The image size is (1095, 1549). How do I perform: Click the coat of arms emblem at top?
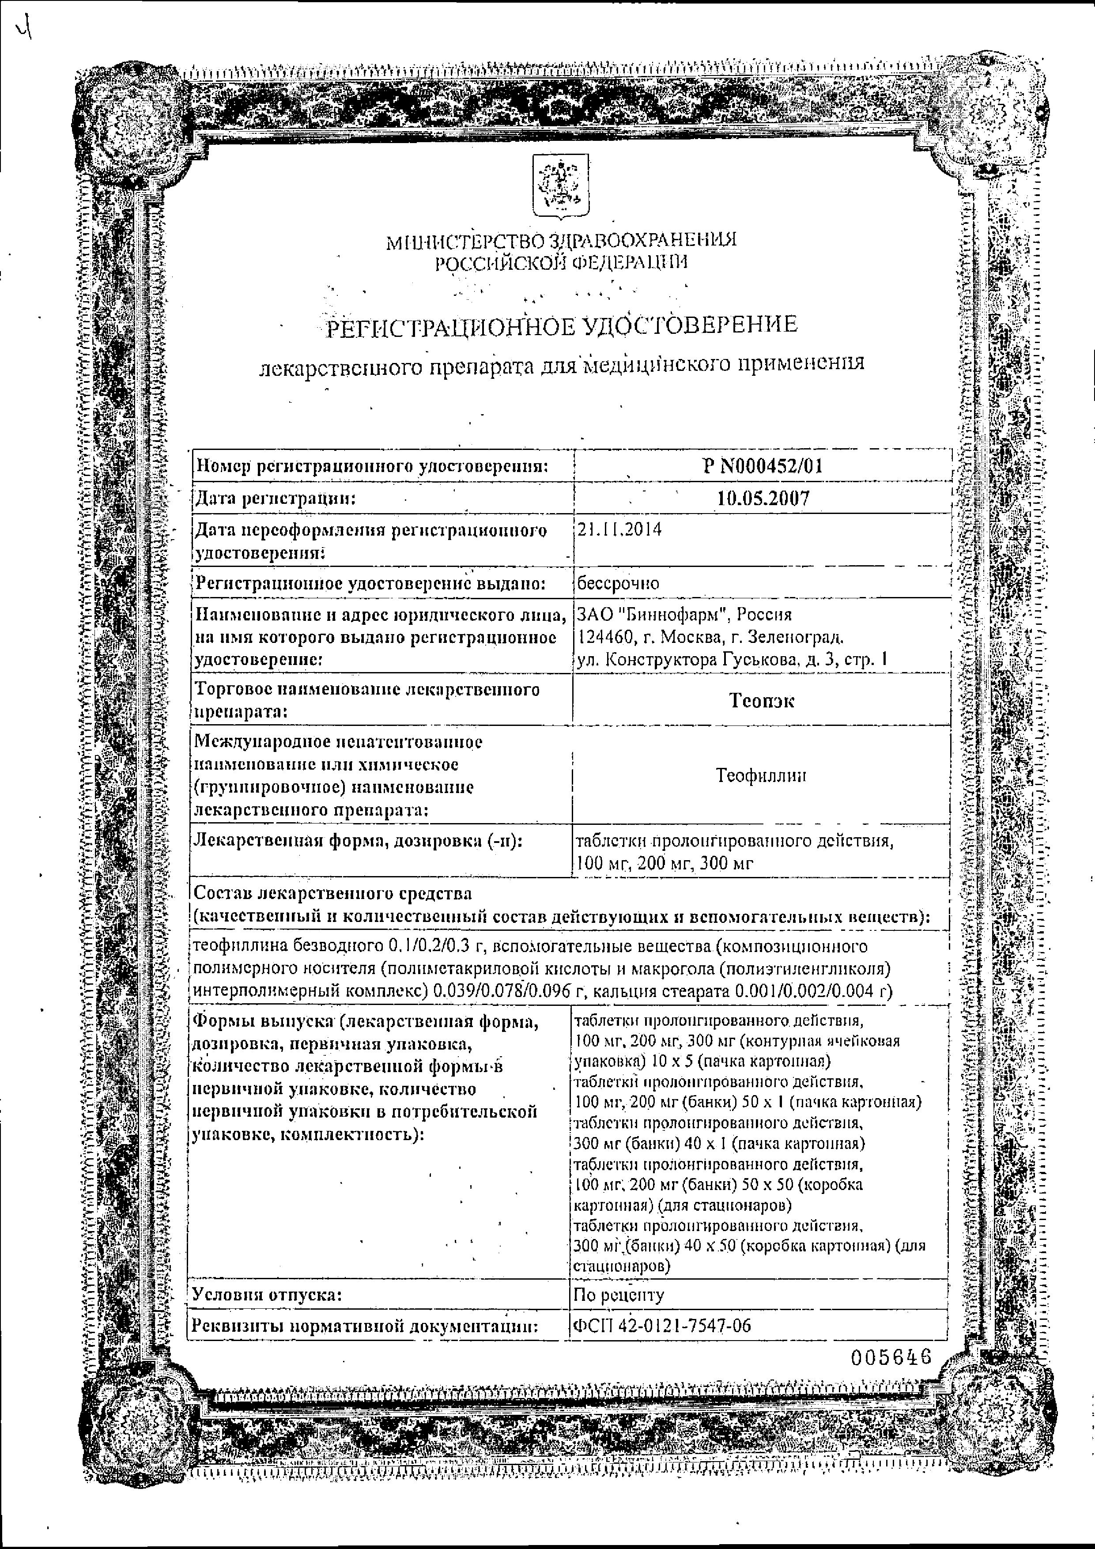click(x=561, y=185)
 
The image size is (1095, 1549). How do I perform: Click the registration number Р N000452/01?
click(x=763, y=465)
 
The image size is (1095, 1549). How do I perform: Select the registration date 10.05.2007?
click(x=763, y=499)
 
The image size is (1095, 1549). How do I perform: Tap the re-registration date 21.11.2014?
click(x=619, y=529)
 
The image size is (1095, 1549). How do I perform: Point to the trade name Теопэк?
click(x=762, y=700)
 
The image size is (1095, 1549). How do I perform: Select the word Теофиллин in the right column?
click(x=761, y=776)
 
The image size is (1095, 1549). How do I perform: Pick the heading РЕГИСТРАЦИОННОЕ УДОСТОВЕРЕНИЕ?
click(x=561, y=326)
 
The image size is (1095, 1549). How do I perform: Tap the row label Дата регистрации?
click(x=275, y=499)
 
